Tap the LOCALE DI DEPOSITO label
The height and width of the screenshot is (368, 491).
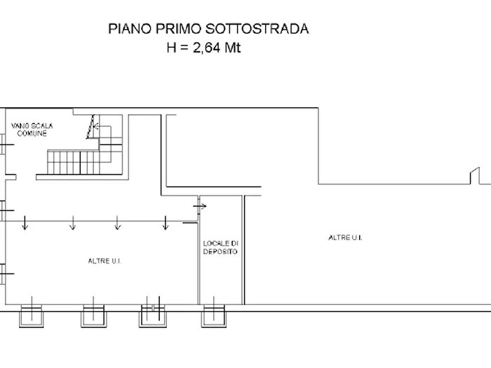[220, 247]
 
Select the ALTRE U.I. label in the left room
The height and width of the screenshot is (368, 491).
[105, 260]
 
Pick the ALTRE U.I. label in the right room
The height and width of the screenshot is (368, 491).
[344, 238]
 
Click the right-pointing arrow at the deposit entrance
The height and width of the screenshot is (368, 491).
[202, 206]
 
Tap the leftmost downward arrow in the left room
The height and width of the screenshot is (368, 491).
[25, 224]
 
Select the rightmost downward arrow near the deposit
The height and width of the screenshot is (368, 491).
[165, 224]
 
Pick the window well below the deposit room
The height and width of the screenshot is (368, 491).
[213, 316]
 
